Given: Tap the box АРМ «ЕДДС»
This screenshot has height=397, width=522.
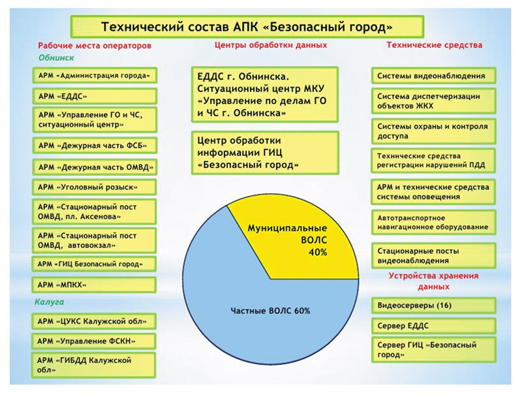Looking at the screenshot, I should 95,96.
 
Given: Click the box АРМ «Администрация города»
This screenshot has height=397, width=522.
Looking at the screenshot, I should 95,75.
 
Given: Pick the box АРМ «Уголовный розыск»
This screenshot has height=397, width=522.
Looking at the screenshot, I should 95,187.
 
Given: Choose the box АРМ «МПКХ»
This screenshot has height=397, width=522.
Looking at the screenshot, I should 95,285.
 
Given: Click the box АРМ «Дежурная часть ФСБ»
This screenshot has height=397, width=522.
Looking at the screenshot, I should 95,144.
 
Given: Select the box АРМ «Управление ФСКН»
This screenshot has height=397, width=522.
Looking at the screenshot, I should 95,341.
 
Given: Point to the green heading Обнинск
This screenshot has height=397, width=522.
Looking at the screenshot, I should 51,57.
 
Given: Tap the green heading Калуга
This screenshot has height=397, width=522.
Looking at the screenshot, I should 48,302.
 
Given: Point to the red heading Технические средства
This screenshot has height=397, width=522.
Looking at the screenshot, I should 434,46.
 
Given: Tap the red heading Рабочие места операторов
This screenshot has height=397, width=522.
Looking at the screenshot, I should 95,46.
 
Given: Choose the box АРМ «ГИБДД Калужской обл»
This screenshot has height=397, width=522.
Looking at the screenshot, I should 95,364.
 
